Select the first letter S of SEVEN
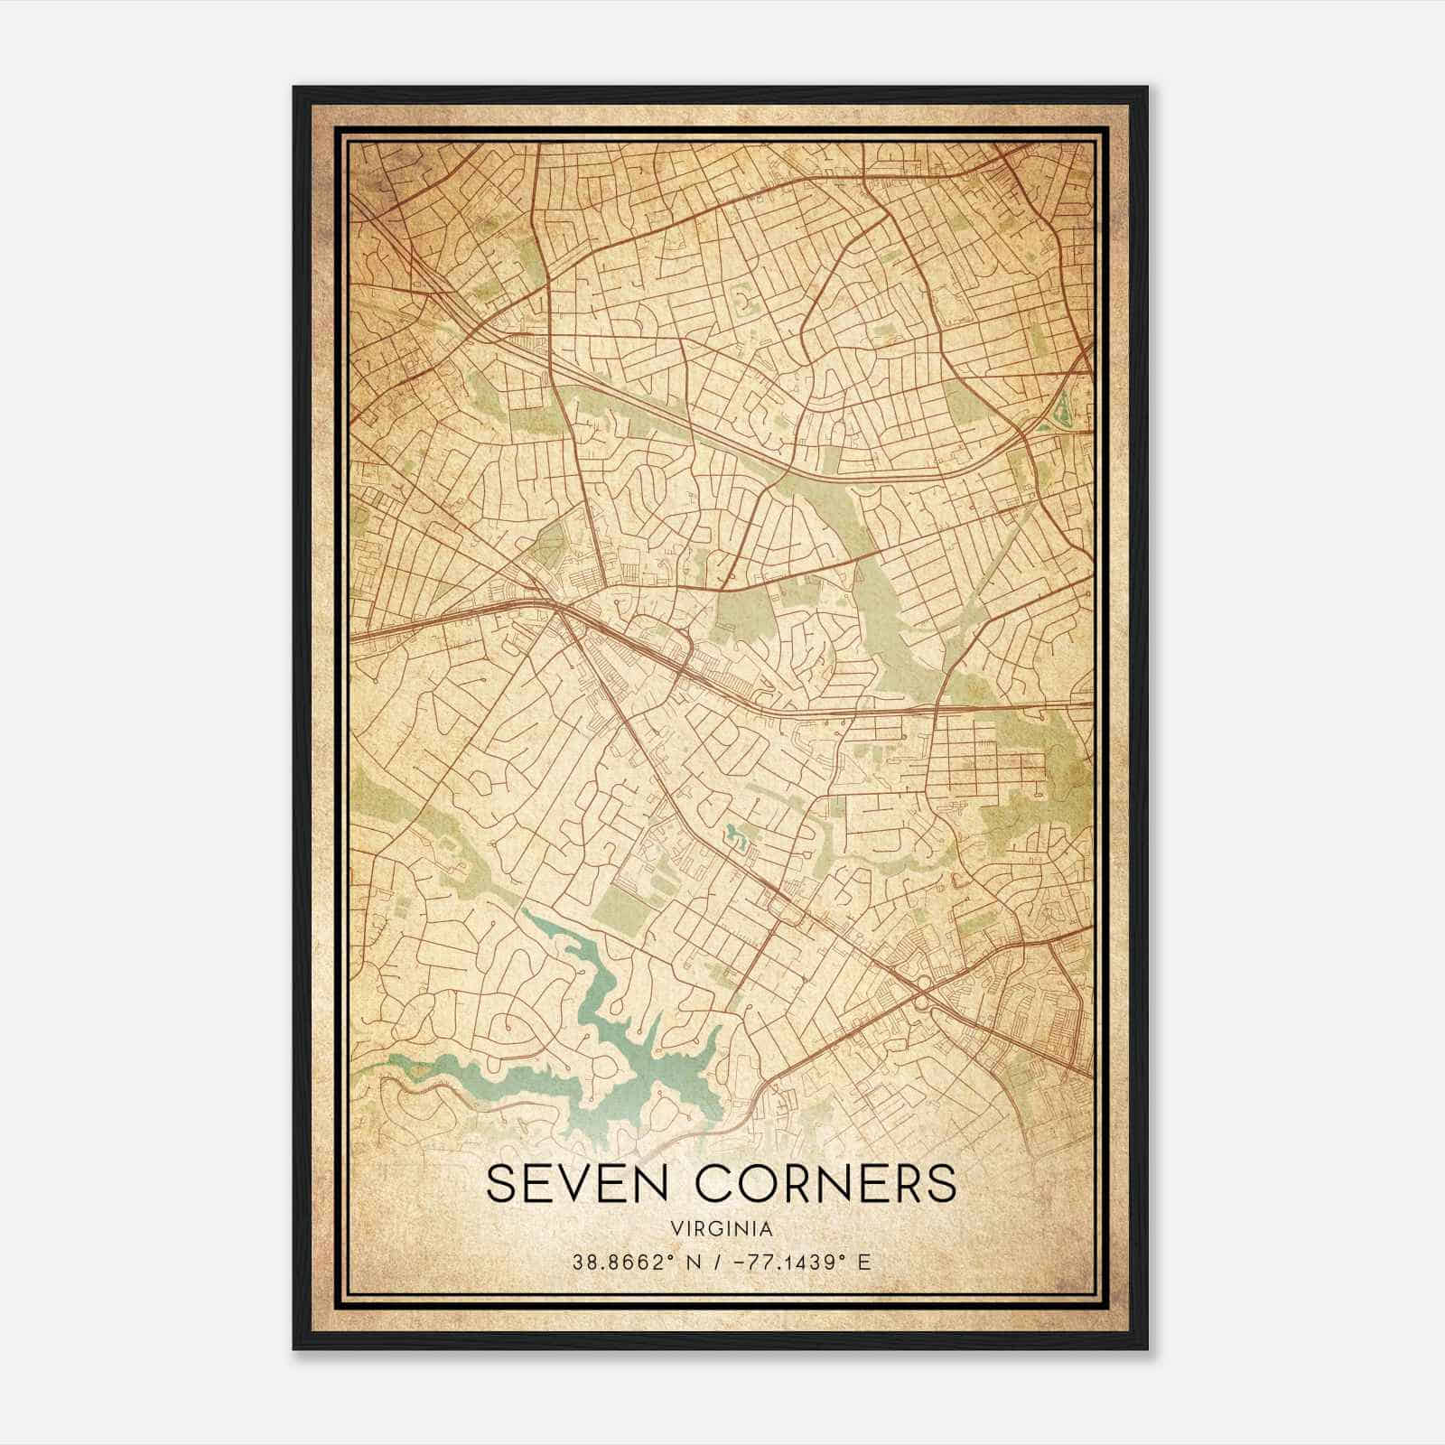pos(501,1184)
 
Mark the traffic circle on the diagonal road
pos(921,983)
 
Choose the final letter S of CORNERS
pos(941,1184)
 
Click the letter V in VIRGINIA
pos(676,1229)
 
